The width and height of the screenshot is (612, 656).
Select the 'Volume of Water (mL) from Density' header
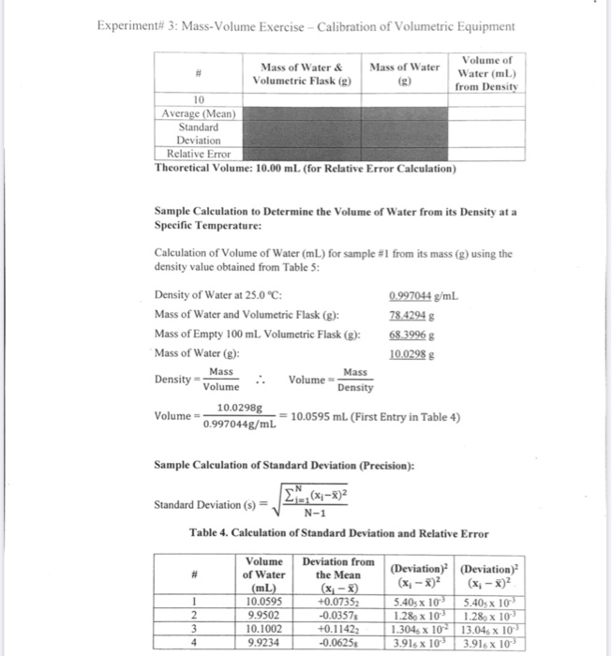click(x=486, y=74)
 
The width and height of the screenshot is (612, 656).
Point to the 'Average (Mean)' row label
click(x=199, y=113)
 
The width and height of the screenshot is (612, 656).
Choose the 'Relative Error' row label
click(x=199, y=154)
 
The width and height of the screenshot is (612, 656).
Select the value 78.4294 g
click(x=410, y=314)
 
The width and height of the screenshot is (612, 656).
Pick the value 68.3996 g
click(x=410, y=333)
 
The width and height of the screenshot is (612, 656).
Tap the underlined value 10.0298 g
click(x=410, y=352)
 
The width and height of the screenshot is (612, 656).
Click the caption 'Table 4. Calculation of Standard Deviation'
click(x=338, y=533)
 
